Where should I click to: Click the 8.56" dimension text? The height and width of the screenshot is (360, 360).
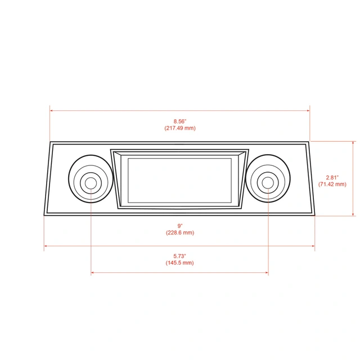coord(179,121)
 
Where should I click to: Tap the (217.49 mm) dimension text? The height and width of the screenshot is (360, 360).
coord(179,128)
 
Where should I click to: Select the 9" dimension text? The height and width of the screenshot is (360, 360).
coord(179,225)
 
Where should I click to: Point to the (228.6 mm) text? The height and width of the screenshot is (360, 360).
coord(179,232)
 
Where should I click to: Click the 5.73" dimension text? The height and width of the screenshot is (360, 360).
coord(179,255)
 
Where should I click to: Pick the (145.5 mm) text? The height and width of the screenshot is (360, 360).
coord(179,263)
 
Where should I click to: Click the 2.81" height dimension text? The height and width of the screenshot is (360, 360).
coord(332,177)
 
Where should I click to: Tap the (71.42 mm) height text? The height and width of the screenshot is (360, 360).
coord(332,184)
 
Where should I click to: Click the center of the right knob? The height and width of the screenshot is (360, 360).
coord(268,182)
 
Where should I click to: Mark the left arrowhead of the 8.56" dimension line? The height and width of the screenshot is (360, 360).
coord(52,111)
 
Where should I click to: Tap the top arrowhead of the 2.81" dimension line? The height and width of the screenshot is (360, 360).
coord(353,143)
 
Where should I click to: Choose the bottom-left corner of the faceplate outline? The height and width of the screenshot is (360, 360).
coord(44,215)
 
